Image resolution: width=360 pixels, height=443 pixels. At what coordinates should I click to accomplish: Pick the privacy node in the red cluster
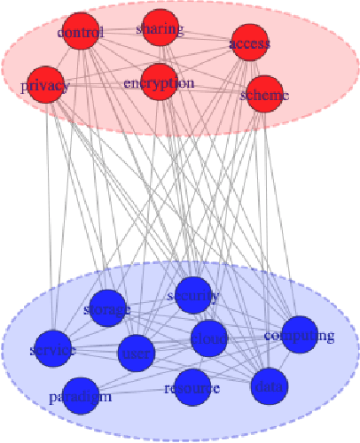(x=44, y=85)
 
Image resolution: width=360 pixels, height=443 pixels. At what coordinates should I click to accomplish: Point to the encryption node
(x=159, y=82)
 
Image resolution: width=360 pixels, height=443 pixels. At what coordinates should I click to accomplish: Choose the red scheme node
(x=263, y=94)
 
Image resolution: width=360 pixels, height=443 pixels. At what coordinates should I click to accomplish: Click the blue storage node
(x=108, y=307)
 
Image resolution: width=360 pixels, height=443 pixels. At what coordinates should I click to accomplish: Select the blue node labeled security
(x=192, y=295)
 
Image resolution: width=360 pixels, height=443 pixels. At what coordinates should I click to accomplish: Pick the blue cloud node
(x=209, y=338)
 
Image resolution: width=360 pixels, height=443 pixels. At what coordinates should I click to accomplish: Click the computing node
(x=299, y=334)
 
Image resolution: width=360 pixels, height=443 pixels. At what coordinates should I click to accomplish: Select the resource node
(x=192, y=387)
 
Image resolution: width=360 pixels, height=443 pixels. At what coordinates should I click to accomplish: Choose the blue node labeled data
(x=269, y=386)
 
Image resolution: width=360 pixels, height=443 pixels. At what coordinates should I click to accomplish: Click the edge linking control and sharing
(x=120, y=31)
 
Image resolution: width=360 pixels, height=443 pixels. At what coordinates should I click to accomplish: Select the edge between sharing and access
(x=204, y=37)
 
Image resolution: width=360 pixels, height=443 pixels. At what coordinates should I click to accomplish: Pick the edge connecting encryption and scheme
(x=211, y=88)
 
